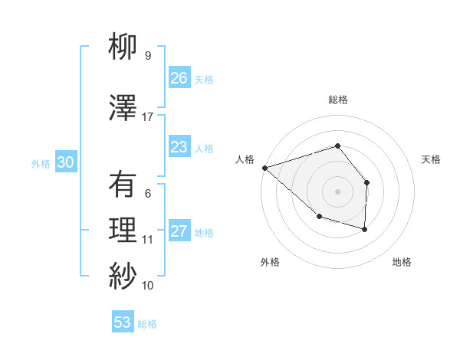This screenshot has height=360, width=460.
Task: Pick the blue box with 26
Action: coord(179,77)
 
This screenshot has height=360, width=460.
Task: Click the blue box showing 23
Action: coord(179,146)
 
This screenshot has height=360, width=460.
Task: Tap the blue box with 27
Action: coord(179,231)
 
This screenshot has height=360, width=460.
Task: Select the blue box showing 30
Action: coord(65,162)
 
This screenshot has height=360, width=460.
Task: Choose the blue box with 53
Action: coord(123,322)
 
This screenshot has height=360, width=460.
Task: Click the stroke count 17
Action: coord(148,117)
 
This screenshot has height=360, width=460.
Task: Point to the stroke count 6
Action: coord(148,194)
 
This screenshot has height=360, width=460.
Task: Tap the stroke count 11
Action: coord(148,240)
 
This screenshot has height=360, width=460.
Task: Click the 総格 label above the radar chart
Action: coord(337,100)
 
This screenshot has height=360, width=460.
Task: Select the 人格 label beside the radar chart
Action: coord(245,159)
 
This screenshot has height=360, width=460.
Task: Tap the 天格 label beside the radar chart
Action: coord(432,159)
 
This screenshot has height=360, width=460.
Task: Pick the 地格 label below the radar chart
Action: coord(402,263)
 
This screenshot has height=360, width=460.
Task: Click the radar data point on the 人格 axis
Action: coord(264,168)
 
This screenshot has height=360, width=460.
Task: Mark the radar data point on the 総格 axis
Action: coord(337,146)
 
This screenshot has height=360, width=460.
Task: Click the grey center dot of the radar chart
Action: coord(337,191)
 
